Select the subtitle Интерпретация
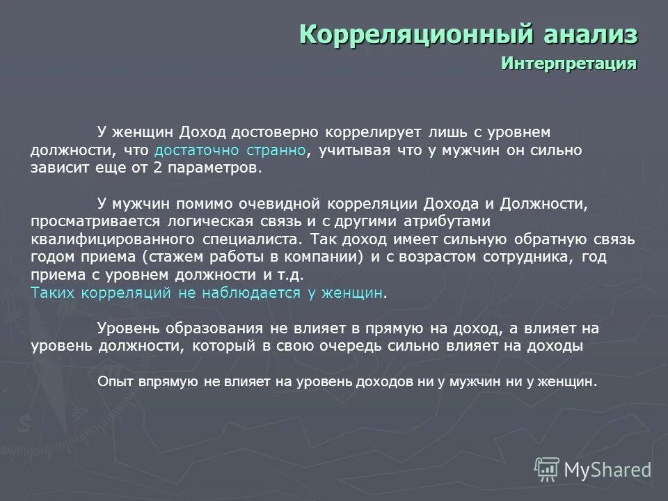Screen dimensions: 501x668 point(568,63)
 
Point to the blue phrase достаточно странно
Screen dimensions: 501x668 point(230,150)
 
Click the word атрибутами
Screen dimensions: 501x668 point(452,222)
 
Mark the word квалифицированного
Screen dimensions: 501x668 point(111,239)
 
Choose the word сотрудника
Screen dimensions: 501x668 point(525,257)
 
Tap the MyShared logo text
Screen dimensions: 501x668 point(607,470)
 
